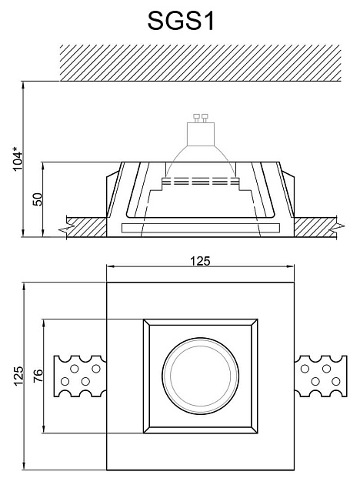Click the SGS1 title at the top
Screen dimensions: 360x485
[181, 21]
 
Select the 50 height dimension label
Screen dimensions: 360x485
[38, 199]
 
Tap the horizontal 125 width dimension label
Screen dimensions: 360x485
[200, 261]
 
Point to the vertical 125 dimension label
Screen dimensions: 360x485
[18, 376]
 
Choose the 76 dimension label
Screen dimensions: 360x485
[38, 376]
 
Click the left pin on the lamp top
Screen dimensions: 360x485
[196, 118]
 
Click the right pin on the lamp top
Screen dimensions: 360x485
[205, 118]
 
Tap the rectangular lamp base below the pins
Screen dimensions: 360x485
[201, 134]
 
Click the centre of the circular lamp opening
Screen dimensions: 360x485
[200, 376]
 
